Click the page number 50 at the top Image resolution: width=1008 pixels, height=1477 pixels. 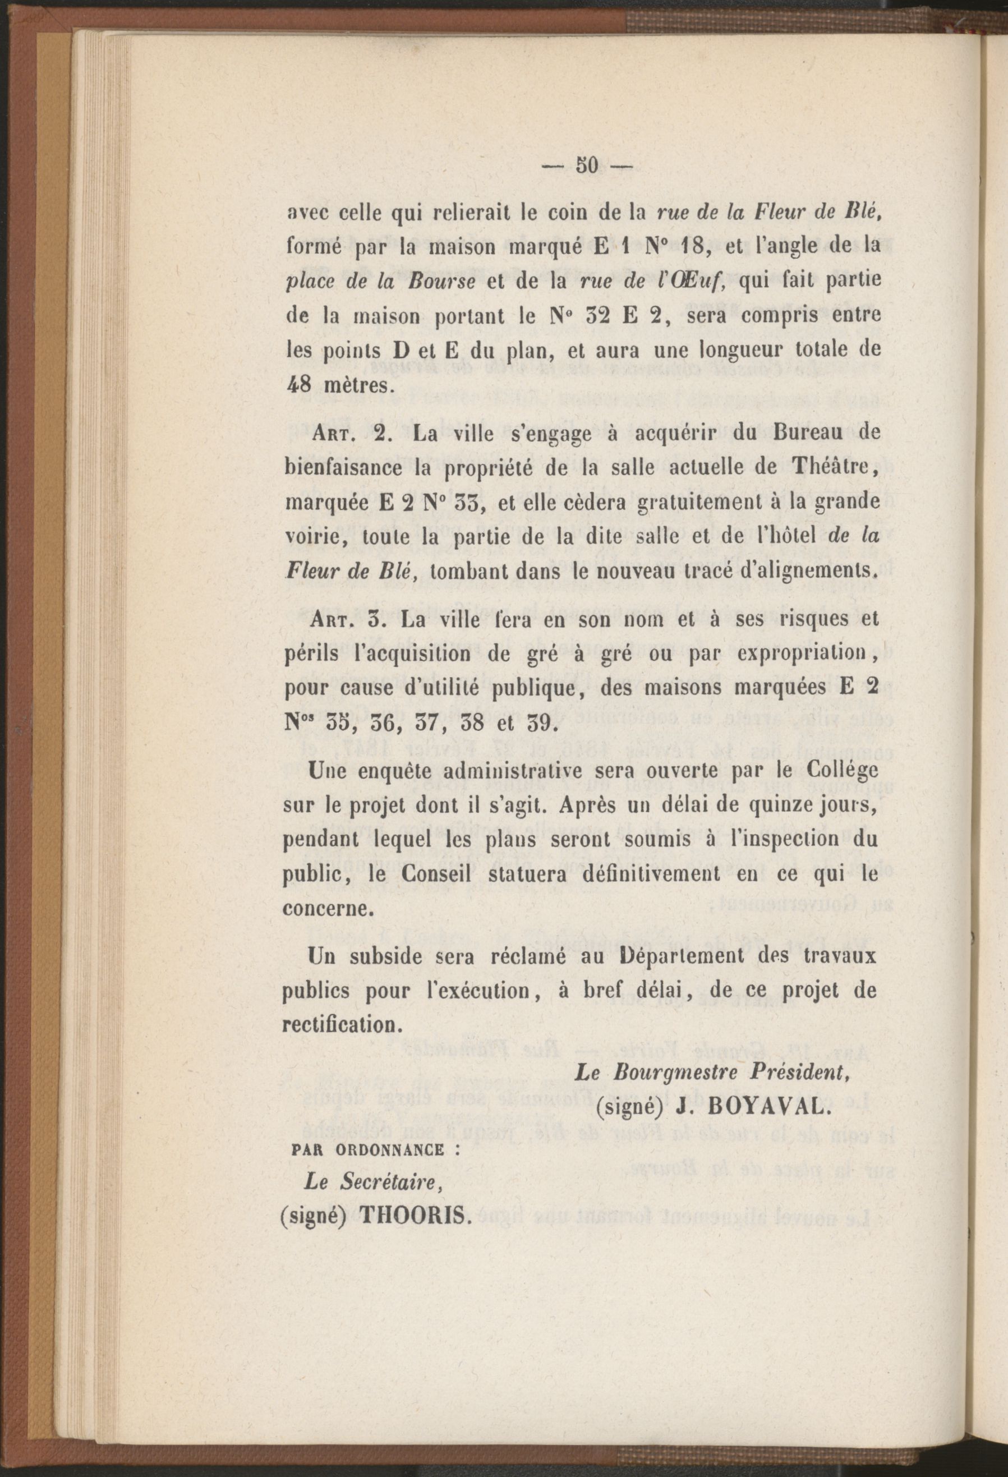[584, 166]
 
